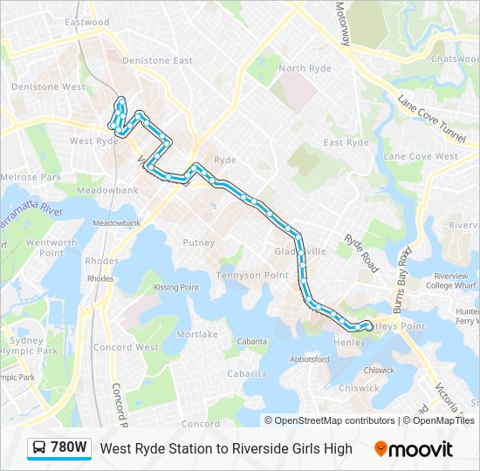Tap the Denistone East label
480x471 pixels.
tap(158, 60)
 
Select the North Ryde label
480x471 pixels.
tap(305, 68)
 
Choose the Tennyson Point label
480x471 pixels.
tap(252, 275)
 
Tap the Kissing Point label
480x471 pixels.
tap(176, 287)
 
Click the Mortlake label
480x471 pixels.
tap(197, 334)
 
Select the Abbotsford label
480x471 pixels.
tap(309, 358)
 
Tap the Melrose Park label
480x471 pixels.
tap(31, 177)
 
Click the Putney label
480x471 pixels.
tap(199, 243)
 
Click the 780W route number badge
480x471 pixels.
tap(69, 448)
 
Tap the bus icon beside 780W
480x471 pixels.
tap(40, 448)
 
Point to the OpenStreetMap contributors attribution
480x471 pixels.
tap(330, 420)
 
